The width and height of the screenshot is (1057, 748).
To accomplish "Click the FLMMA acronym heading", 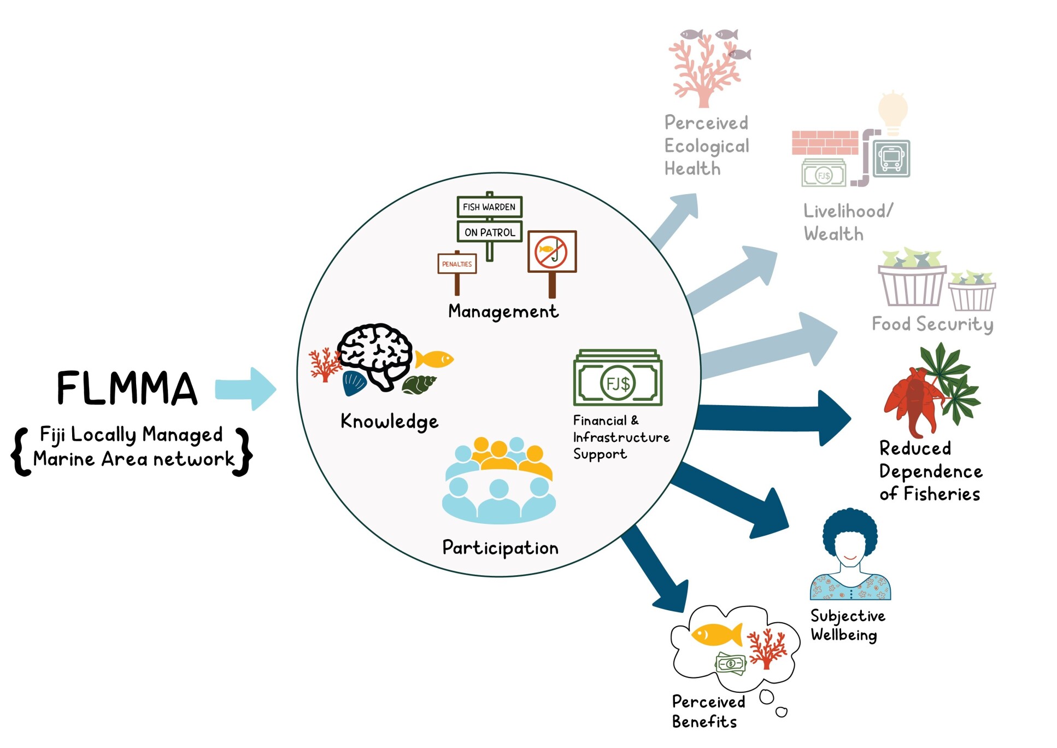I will click(126, 388).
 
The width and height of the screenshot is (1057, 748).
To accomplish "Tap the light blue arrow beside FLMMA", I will click(245, 389).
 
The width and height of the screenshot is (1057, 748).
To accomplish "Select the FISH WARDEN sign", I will click(489, 207).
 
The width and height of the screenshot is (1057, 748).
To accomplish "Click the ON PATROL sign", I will click(489, 232).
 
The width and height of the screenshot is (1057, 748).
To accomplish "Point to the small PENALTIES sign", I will click(457, 264).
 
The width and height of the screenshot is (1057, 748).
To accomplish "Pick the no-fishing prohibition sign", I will click(551, 252).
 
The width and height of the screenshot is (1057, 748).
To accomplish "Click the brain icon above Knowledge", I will click(375, 353).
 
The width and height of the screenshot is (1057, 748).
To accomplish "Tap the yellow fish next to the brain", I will click(434, 359).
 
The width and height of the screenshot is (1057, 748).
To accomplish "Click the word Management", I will click(503, 311).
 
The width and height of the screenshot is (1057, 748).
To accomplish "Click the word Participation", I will click(500, 547).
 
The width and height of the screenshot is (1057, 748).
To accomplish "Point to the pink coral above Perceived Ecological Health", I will click(703, 71).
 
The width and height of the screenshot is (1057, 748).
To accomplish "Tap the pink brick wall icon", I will click(825, 142).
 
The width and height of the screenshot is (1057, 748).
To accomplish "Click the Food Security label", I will click(932, 324).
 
